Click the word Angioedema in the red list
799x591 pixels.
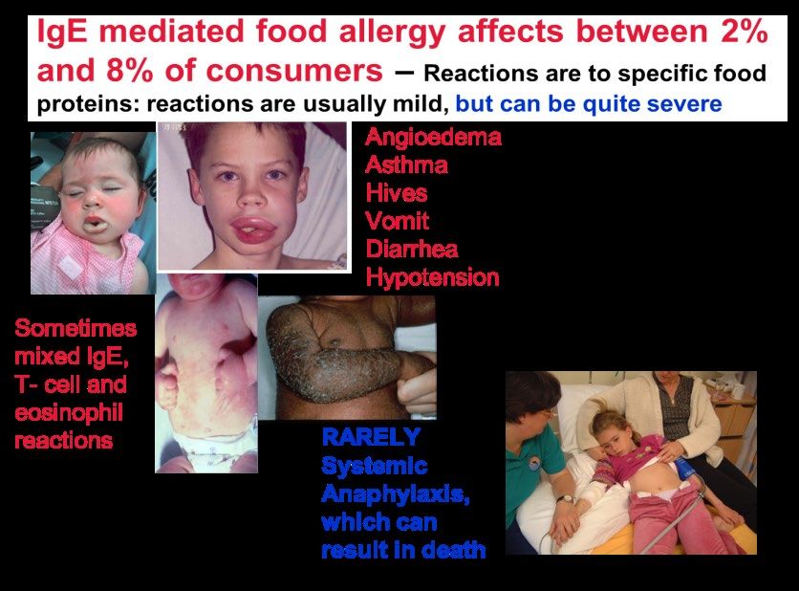point(433,138)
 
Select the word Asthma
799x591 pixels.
point(406,164)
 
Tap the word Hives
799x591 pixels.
point(397,193)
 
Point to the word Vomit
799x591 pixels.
point(398,221)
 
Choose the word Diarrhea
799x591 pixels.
point(412,249)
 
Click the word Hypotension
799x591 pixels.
point(433,278)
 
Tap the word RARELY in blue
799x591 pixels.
point(372,437)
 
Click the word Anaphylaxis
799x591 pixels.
point(396,494)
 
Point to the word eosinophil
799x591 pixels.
point(69,413)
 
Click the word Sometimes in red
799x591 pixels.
point(76,328)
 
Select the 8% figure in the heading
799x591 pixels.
point(129,70)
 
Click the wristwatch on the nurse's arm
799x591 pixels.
point(565,499)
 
